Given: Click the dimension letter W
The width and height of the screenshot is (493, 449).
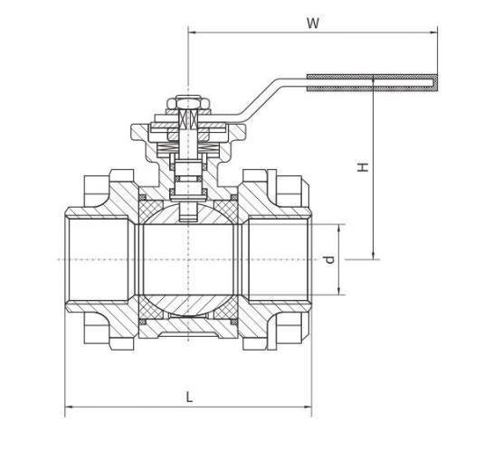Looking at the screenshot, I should [x=313, y=23].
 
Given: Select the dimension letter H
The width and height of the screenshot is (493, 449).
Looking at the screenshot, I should [x=362, y=167].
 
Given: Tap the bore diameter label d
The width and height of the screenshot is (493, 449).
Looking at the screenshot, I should [x=330, y=259].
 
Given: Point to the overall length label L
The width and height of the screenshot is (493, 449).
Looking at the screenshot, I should [x=188, y=396].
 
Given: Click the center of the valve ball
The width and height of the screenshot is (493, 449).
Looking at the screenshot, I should [x=188, y=260].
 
